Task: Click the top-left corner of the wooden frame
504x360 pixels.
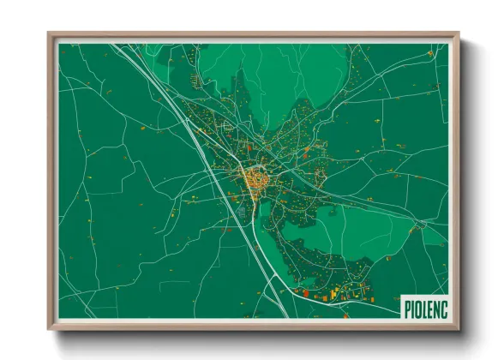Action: (x=49, y=34)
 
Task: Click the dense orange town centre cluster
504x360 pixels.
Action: (x=254, y=179)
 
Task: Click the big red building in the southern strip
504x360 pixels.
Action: (x=302, y=291)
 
